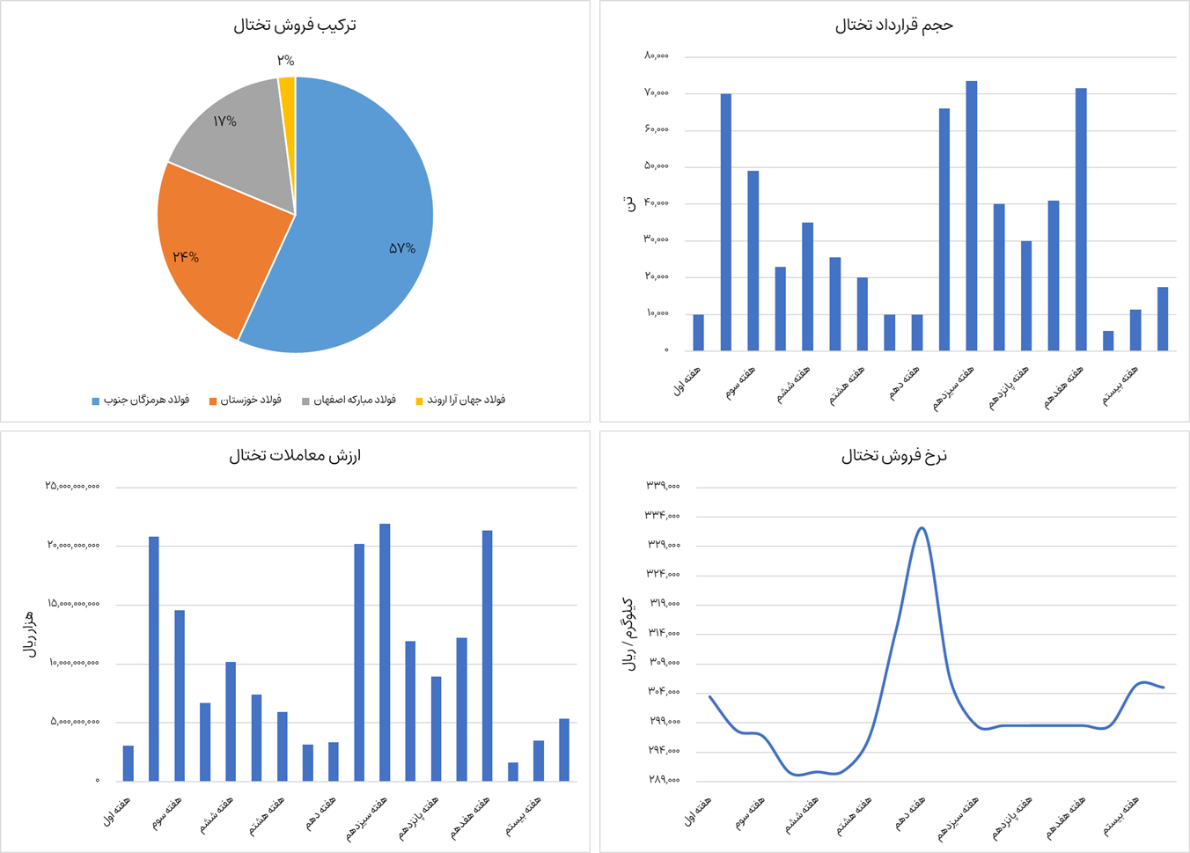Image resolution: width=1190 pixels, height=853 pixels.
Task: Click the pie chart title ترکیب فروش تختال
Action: point(295,26)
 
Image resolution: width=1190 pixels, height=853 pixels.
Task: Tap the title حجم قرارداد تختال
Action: point(893,26)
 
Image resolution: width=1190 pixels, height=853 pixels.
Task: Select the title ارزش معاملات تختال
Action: point(295,455)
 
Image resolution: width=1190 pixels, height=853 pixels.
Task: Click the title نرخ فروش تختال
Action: point(893,455)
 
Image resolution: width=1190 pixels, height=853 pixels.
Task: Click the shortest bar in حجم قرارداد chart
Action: point(1108,341)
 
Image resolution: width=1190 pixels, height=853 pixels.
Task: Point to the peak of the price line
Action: point(922,528)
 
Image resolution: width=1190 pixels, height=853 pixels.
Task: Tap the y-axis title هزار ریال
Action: point(30,634)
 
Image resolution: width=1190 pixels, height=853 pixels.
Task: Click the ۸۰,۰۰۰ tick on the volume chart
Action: point(657,56)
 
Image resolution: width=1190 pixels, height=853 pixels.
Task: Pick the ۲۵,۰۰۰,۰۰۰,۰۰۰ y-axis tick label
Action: point(72,486)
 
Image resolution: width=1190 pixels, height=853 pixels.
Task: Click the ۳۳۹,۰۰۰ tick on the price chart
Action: point(663,486)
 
